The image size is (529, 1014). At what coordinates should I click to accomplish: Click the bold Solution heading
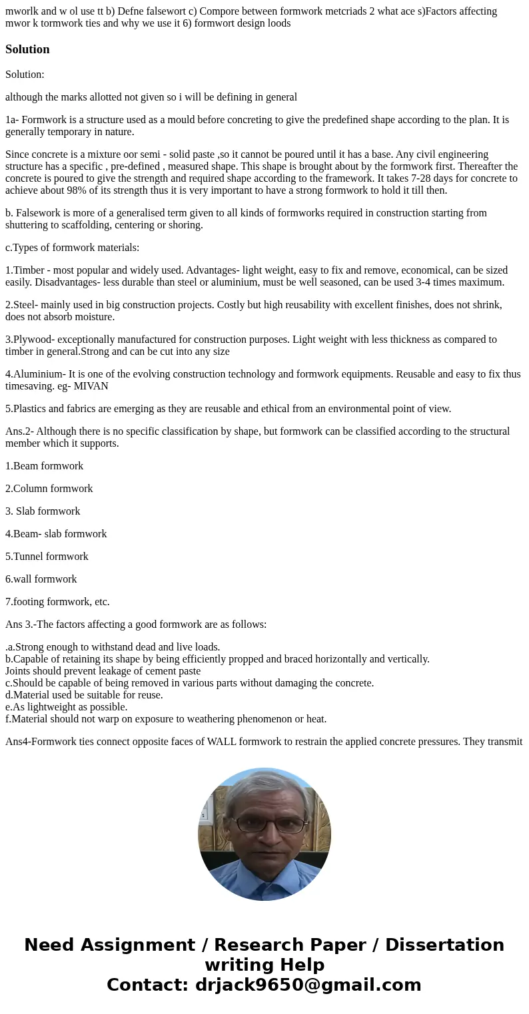(x=27, y=49)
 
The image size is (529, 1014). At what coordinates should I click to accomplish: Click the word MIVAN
(x=91, y=386)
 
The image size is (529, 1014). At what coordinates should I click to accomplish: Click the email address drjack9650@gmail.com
(x=308, y=985)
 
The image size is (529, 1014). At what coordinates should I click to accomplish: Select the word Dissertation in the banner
(x=444, y=945)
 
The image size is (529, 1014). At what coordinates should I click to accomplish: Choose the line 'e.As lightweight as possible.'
(x=67, y=707)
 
